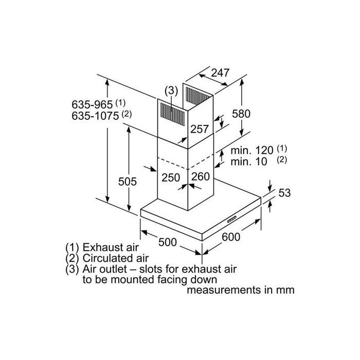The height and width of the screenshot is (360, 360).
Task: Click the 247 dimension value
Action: click(x=220, y=73)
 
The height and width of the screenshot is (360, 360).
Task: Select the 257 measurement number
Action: click(x=200, y=130)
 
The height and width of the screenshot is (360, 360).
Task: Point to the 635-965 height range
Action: click(x=92, y=104)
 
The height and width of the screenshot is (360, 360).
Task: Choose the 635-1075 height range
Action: click(x=95, y=115)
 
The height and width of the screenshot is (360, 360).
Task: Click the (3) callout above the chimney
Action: click(x=171, y=91)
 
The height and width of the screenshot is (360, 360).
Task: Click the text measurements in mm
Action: click(x=241, y=290)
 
